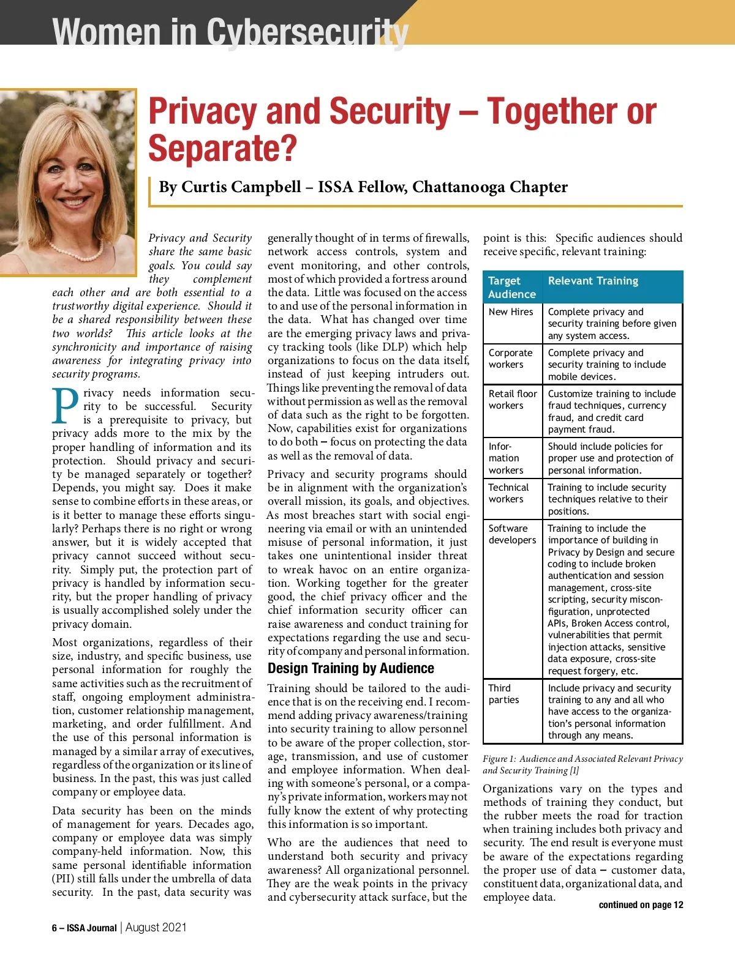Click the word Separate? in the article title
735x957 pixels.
(222, 149)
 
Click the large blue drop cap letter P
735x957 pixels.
(66, 407)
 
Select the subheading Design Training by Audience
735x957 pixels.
(350, 668)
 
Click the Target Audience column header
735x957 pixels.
(511, 288)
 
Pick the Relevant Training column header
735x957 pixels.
(593, 281)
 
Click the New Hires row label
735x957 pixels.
(511, 311)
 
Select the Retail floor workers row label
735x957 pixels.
(513, 400)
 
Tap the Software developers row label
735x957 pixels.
(512, 534)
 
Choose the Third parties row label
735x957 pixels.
(503, 694)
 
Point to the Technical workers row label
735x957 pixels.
(508, 493)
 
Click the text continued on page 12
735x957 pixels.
(641, 905)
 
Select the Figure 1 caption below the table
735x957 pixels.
(582, 765)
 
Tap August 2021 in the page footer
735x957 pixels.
(156, 927)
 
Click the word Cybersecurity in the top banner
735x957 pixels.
(307, 32)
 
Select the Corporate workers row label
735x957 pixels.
(510, 359)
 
